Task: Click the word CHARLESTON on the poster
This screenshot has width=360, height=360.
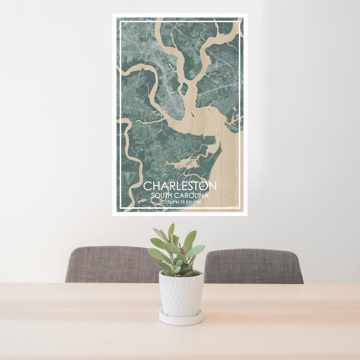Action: click(179, 186)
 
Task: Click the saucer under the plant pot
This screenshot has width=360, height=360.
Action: click(181, 318)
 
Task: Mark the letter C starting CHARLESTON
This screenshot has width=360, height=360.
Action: click(147, 186)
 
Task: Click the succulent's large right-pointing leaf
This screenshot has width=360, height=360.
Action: click(195, 250)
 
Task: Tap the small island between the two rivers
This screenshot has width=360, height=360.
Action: click(185, 77)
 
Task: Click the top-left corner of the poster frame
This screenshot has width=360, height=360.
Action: click(114, 15)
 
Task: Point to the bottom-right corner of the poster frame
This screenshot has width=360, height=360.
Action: click(246, 214)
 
